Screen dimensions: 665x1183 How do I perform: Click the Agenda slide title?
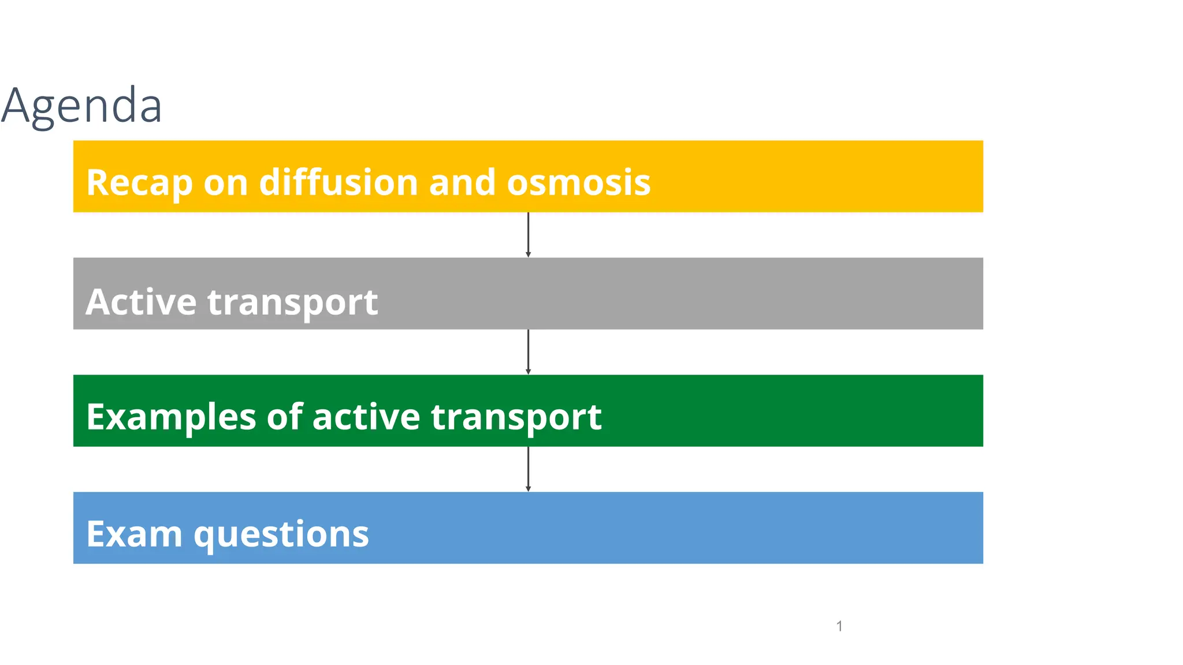[81, 105]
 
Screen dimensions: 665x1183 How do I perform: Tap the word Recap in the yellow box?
[139, 182]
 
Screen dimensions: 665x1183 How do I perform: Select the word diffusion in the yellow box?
[338, 182]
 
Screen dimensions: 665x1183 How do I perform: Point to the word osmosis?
[578, 182]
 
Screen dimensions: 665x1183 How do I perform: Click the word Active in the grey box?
[141, 301]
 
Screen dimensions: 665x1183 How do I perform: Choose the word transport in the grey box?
[292, 302]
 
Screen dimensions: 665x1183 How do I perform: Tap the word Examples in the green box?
[171, 417]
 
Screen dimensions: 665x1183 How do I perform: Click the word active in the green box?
[366, 417]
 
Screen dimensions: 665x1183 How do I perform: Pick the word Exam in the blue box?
[134, 534]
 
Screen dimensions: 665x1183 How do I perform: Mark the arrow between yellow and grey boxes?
[528, 234]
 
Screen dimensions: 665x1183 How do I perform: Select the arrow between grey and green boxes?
[528, 352]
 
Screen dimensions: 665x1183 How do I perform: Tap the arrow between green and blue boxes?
[528, 469]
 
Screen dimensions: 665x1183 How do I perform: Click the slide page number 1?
[839, 626]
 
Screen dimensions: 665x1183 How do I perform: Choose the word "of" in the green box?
[284, 417]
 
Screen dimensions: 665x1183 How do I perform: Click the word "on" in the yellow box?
[225, 184]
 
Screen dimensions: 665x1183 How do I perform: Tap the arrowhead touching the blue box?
[528, 489]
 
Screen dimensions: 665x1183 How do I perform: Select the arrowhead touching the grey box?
[528, 255]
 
